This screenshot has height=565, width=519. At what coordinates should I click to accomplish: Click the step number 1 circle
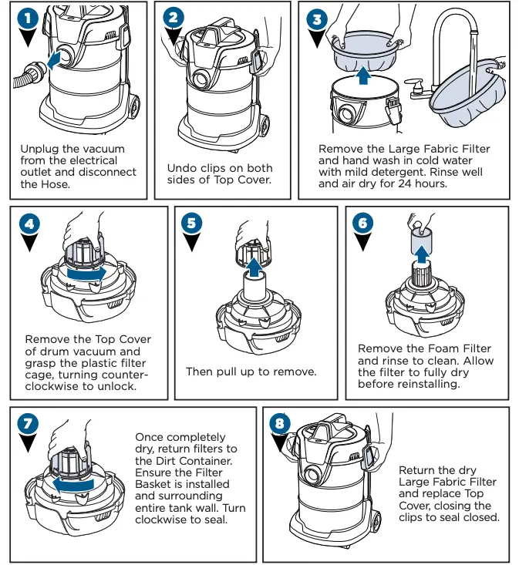[x=29, y=18]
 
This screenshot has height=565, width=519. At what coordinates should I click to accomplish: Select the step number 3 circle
[x=316, y=18]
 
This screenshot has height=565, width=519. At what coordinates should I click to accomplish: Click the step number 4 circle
[x=29, y=224]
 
